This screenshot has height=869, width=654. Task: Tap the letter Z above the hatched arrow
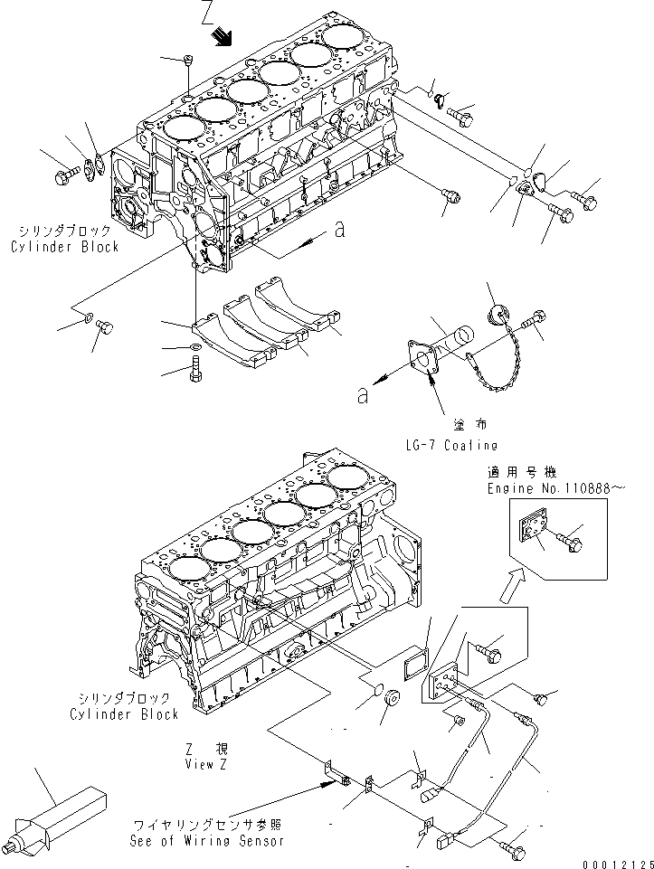click(209, 13)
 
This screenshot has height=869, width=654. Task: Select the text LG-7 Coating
click(451, 445)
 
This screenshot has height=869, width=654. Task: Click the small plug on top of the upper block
click(188, 61)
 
